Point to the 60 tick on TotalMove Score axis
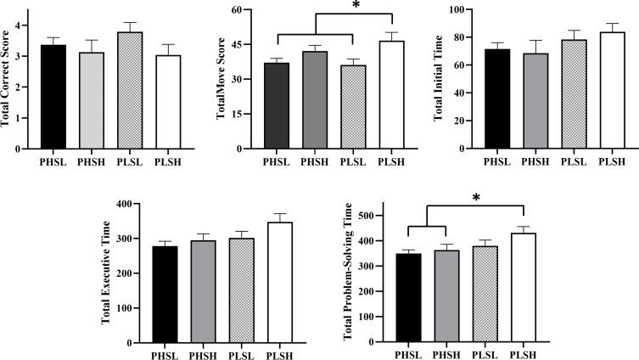(261, 10)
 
